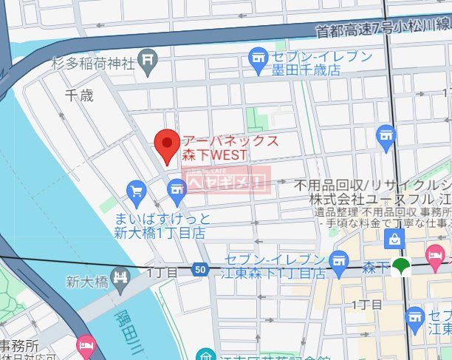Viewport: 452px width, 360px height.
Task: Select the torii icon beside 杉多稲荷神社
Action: tap(148, 56)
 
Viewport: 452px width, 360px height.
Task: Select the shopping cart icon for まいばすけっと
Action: tap(135, 191)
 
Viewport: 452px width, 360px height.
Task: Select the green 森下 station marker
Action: tap(402, 267)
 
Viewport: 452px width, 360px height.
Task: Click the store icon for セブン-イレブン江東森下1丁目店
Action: tap(339, 259)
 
